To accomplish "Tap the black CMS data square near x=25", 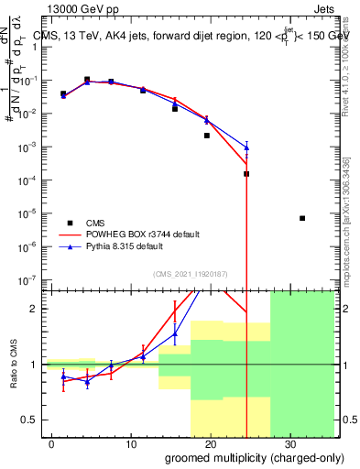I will pyautogui.click(x=246, y=174).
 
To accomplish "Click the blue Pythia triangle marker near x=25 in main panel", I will pyautogui.click(x=246, y=147).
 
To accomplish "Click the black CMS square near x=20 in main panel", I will pyautogui.click(x=207, y=136).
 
